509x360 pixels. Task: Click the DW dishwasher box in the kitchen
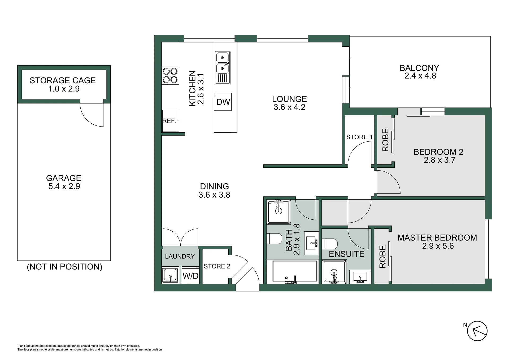223,102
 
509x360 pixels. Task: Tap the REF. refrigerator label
169,121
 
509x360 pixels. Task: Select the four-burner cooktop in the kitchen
170,76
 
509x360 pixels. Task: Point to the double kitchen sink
223,68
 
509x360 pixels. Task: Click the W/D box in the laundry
190,276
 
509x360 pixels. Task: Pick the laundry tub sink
170,275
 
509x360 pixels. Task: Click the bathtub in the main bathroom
295,271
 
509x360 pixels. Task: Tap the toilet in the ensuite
330,244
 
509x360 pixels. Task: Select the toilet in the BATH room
275,238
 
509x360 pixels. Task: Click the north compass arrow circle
477,331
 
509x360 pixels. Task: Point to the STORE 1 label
359,137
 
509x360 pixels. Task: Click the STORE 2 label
217,266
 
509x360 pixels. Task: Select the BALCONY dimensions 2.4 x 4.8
420,76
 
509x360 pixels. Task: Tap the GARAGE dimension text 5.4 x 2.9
64,186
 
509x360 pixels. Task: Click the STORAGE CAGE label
63,80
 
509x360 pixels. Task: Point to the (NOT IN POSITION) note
64,267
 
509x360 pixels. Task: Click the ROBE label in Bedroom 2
385,140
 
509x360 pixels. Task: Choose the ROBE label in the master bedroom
382,257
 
